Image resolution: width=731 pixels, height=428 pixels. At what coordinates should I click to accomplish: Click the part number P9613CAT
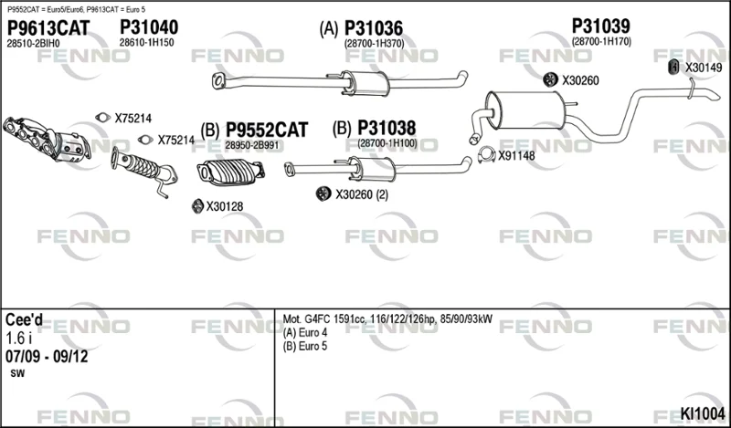(x=48, y=28)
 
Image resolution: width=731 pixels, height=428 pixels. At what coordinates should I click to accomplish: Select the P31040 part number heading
(x=149, y=27)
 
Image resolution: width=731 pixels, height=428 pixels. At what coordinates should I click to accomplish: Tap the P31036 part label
(x=374, y=28)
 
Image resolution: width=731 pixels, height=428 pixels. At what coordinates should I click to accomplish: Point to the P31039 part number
(x=601, y=26)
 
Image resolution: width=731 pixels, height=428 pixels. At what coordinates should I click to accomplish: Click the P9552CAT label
(x=267, y=130)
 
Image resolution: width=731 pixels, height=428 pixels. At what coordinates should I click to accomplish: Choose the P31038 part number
(x=387, y=128)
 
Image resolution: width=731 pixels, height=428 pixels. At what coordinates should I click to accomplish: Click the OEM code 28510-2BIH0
(x=33, y=43)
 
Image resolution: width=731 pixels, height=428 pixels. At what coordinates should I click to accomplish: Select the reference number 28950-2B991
(x=252, y=145)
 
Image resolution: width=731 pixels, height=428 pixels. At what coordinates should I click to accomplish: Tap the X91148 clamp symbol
(x=487, y=154)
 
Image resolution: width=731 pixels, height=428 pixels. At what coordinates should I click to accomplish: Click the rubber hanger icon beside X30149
(x=673, y=67)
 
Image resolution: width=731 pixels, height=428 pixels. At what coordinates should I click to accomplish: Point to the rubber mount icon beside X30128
(x=197, y=206)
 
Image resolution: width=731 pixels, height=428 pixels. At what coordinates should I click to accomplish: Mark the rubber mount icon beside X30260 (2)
(x=323, y=193)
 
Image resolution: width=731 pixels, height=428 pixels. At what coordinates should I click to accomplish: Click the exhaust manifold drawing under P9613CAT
(x=47, y=139)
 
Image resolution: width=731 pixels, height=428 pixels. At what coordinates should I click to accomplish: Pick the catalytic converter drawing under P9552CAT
(x=230, y=172)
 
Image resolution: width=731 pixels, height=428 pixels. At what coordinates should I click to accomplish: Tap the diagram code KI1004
(x=703, y=413)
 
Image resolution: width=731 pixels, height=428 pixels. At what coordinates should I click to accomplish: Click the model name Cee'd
(x=24, y=319)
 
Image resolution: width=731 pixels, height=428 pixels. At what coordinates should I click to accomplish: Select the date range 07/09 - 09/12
(x=47, y=357)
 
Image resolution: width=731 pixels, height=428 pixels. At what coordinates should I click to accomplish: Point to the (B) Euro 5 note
(x=305, y=347)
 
